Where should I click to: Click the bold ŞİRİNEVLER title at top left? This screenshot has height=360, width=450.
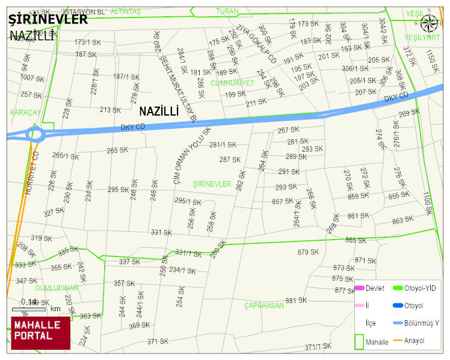(48, 19)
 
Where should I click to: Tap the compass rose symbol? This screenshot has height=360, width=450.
(429, 23)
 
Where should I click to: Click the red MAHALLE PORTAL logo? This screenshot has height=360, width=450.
(40, 332)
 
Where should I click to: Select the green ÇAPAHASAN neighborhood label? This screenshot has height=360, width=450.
(264, 306)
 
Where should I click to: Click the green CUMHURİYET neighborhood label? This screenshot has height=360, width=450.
(232, 82)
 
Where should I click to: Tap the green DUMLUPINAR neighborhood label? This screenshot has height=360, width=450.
(57, 288)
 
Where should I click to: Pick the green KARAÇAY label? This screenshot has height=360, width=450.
(25, 113)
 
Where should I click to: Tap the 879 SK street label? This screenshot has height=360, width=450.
(307, 252)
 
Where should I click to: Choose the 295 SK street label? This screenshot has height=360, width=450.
(119, 190)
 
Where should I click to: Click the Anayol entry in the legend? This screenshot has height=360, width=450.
(414, 341)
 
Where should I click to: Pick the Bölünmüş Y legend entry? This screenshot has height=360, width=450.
(421, 323)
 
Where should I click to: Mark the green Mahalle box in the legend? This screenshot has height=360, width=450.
(359, 341)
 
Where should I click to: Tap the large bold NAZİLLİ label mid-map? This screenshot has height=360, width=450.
(159, 111)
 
